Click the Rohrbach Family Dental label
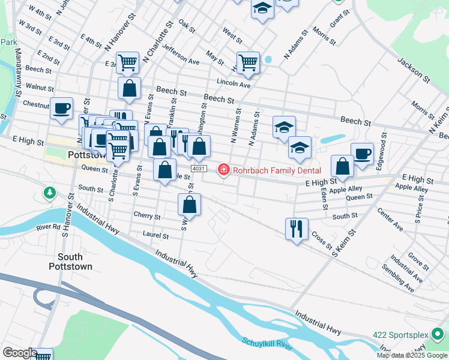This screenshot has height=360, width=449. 269,170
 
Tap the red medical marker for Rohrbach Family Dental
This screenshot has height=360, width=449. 224,170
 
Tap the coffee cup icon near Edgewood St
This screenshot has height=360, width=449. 362,154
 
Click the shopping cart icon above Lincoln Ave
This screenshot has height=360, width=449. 248,62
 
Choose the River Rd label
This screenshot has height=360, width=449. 49,227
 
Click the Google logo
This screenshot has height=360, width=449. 19,353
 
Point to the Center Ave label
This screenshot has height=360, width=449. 390,220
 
